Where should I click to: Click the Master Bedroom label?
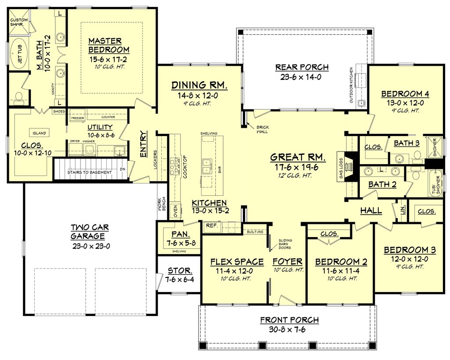(x=109, y=45)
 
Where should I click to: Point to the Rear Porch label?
(x=302, y=67)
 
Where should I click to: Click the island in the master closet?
(x=39, y=133)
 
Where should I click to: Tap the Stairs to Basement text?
(x=89, y=173)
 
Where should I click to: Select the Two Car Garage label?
(x=90, y=231)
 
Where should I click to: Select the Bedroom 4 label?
(x=405, y=94)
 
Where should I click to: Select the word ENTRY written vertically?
(x=143, y=144)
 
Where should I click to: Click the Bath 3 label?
(x=406, y=143)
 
